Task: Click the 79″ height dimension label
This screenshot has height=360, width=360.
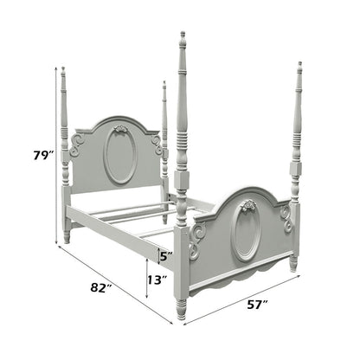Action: pyautogui.click(x=44, y=156)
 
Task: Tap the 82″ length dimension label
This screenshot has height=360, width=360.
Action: pyautogui.click(x=100, y=287)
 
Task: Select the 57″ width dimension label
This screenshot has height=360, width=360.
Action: pyautogui.click(x=257, y=305)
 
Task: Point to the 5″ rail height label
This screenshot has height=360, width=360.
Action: pyautogui.click(x=166, y=255)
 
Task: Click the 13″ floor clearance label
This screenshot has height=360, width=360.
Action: pyautogui.click(x=157, y=280)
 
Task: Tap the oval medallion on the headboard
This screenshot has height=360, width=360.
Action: pyautogui.click(x=120, y=155)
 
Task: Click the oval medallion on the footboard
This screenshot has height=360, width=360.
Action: pyautogui.click(x=246, y=231)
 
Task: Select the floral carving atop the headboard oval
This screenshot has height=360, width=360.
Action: pyautogui.click(x=119, y=129)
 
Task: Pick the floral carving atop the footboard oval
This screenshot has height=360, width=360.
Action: pyautogui.click(x=247, y=205)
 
